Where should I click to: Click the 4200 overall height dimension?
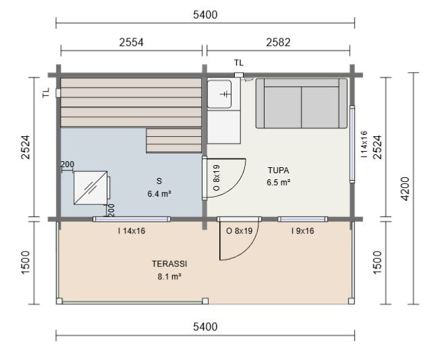(x=406, y=189)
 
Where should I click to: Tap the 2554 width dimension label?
(x=131, y=42)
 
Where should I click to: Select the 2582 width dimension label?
(x=278, y=42)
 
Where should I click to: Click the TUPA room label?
(x=278, y=170)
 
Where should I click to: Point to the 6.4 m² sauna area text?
(x=159, y=193)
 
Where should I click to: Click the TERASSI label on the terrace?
(x=169, y=264)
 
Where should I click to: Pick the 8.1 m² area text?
(x=169, y=276)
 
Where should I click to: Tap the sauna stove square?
(x=90, y=187)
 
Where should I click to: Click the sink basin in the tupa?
(x=219, y=94)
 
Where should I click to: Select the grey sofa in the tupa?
(x=302, y=103)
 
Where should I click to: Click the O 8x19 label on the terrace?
(x=239, y=231)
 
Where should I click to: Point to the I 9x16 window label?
(x=302, y=231)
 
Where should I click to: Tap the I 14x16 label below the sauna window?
(x=132, y=231)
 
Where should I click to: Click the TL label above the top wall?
(x=239, y=63)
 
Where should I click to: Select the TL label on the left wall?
(x=46, y=92)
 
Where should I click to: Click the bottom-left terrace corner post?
(x=59, y=301)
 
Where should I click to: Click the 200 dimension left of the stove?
(x=67, y=164)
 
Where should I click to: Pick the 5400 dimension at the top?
(x=205, y=15)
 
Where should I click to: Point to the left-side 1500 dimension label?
(x=25, y=263)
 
